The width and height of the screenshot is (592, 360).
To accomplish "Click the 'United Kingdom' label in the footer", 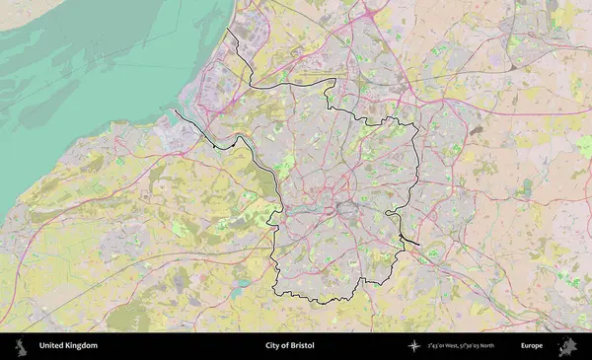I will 68,346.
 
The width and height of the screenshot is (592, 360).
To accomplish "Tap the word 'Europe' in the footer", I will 532,346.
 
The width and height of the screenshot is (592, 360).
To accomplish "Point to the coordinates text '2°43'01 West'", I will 449,346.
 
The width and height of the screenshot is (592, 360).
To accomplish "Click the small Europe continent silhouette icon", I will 568,346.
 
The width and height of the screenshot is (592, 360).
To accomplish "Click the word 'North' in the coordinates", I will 506,346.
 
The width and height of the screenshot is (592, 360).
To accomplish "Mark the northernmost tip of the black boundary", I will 228,30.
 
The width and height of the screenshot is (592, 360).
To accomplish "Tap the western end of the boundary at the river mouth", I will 177,110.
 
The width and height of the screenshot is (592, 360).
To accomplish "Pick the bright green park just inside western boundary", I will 286,164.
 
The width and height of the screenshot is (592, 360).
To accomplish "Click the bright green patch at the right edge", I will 585,147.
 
